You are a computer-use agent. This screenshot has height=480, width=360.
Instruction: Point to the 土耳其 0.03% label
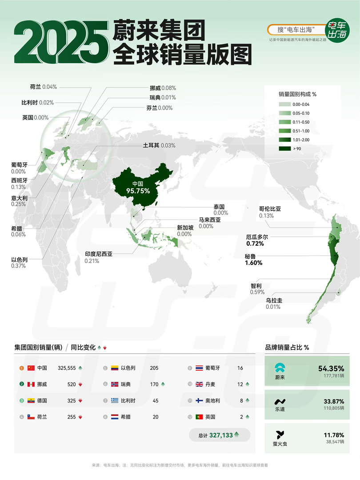(x=159, y=145)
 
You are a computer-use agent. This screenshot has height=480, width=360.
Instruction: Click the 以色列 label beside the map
(x=19, y=259)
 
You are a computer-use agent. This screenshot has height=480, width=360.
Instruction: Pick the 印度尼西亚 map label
(x=99, y=254)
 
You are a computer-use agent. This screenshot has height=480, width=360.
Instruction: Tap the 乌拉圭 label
(x=274, y=300)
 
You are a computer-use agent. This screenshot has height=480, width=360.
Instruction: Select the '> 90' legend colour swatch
(x=285, y=148)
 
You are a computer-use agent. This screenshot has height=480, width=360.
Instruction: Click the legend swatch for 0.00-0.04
(x=285, y=104)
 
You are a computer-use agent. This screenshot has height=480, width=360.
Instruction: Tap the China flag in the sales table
(x=31, y=368)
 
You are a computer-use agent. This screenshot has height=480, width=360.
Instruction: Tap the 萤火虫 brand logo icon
(x=280, y=435)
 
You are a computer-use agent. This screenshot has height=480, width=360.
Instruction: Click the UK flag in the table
(x=199, y=384)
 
